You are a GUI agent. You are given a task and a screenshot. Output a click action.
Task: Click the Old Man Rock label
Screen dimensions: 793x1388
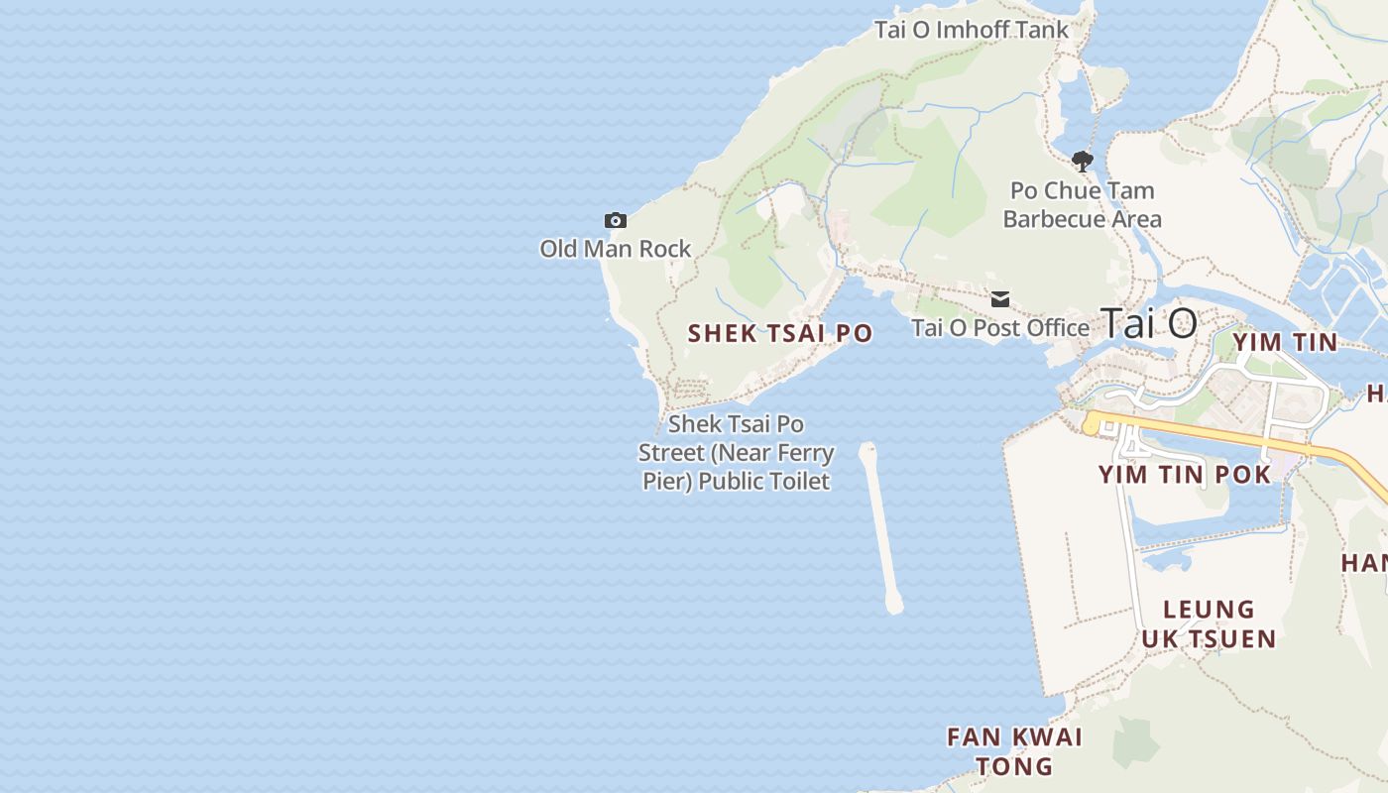pos(615,249)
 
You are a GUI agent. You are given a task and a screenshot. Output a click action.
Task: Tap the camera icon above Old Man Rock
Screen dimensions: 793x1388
pos(616,220)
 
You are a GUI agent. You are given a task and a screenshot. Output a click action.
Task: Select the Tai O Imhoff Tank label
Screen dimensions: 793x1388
pos(971,30)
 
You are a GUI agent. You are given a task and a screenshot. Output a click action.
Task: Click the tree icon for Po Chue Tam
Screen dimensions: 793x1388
pos(1082,161)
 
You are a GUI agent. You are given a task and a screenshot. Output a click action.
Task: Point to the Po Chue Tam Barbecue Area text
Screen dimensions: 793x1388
pos(1082,204)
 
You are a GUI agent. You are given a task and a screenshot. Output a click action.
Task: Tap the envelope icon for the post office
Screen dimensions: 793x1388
pos(1000,298)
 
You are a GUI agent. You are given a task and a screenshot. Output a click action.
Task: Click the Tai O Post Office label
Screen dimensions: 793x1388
pos(999,328)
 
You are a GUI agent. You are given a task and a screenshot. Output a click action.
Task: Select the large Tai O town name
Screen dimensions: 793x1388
pos(1149,323)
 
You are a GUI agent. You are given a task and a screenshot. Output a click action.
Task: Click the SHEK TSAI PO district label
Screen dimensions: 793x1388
pos(780,334)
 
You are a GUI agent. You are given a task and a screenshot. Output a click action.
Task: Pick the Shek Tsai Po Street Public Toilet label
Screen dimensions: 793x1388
pos(735,453)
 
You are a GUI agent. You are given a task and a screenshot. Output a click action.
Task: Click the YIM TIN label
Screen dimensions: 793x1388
pos(1285,343)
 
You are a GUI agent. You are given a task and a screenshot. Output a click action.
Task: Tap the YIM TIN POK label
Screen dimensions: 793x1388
pos(1184,475)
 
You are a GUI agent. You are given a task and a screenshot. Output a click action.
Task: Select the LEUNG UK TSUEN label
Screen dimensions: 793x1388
pos(1209,623)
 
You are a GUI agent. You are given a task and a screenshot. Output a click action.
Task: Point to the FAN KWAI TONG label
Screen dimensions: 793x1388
pos(1014,751)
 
